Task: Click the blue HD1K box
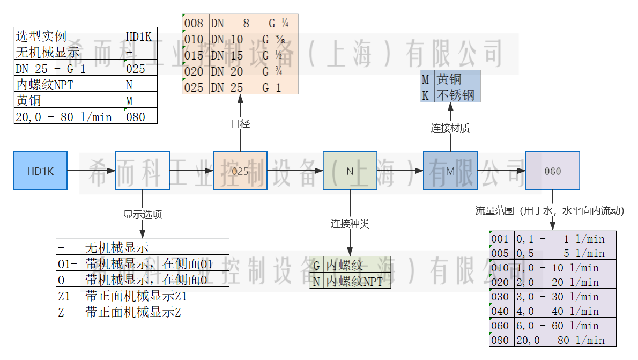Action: click(x=40, y=171)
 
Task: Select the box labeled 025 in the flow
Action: click(x=240, y=171)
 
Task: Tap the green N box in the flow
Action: click(x=350, y=171)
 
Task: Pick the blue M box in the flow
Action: click(x=450, y=171)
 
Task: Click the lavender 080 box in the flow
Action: click(x=552, y=171)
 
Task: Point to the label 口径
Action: click(x=240, y=124)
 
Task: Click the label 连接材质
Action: click(x=450, y=128)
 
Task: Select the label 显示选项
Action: click(x=143, y=214)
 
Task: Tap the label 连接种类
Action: click(x=350, y=224)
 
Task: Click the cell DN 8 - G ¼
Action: click(x=253, y=23)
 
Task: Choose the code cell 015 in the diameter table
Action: click(x=194, y=55)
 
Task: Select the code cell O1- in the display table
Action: click(x=69, y=264)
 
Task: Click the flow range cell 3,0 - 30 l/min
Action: click(x=565, y=297)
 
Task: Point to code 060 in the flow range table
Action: click(x=500, y=326)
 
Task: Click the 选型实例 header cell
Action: click(x=69, y=36)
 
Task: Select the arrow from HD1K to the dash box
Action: click(x=91, y=171)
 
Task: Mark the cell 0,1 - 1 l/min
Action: click(x=565, y=239)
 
